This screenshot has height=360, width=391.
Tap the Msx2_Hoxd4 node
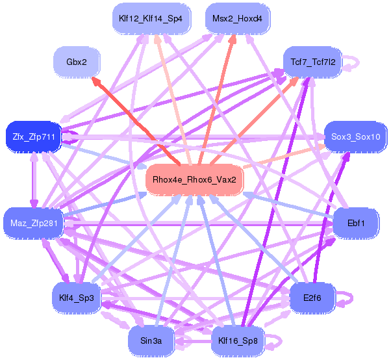(237, 19)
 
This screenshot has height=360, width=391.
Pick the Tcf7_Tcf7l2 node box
(310, 62)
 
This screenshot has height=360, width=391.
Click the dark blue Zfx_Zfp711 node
(32, 137)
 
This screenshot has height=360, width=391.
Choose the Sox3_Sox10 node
(355, 137)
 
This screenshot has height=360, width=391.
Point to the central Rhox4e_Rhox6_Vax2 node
(194, 179)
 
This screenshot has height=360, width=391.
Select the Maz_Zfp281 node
(32, 224)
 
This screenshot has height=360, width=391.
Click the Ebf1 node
(356, 224)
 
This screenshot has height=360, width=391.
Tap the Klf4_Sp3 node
(77, 297)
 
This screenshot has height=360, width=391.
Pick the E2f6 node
(312, 298)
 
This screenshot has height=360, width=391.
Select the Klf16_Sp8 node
(238, 340)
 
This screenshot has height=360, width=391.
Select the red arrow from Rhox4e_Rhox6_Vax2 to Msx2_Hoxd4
(218, 97)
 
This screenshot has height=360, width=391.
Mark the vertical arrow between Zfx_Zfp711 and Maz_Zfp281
(32, 181)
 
